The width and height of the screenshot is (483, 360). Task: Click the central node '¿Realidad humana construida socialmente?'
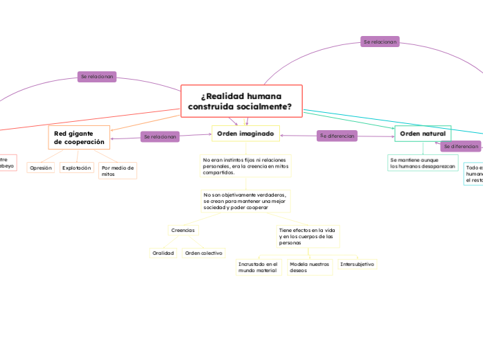click(241, 101)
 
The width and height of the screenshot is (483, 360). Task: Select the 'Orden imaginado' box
click(245, 133)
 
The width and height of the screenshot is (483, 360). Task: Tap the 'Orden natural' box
click(423, 133)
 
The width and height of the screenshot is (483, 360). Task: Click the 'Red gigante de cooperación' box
click(79, 137)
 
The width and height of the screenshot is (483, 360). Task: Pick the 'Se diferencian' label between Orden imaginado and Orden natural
click(337, 136)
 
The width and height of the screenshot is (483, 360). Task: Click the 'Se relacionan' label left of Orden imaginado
click(161, 137)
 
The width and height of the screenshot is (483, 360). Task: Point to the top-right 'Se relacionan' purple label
click(380, 42)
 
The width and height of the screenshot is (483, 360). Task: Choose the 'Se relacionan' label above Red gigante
click(97, 76)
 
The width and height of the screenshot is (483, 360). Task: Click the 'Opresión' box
click(41, 168)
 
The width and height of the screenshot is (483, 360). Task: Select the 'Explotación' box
click(76, 168)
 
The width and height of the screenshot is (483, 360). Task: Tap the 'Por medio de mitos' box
click(117, 170)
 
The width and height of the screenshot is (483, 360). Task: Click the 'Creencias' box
click(183, 230)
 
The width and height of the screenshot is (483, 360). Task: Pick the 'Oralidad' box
click(164, 253)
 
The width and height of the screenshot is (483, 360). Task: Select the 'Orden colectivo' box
click(203, 253)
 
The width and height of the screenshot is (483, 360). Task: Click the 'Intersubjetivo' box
click(358, 264)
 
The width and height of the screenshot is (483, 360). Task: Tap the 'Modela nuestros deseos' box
click(309, 267)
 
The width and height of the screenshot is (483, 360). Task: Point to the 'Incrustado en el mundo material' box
click(258, 267)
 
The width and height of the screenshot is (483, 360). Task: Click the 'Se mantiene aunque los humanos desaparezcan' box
click(423, 163)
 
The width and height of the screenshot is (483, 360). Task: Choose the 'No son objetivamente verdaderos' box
click(245, 201)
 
